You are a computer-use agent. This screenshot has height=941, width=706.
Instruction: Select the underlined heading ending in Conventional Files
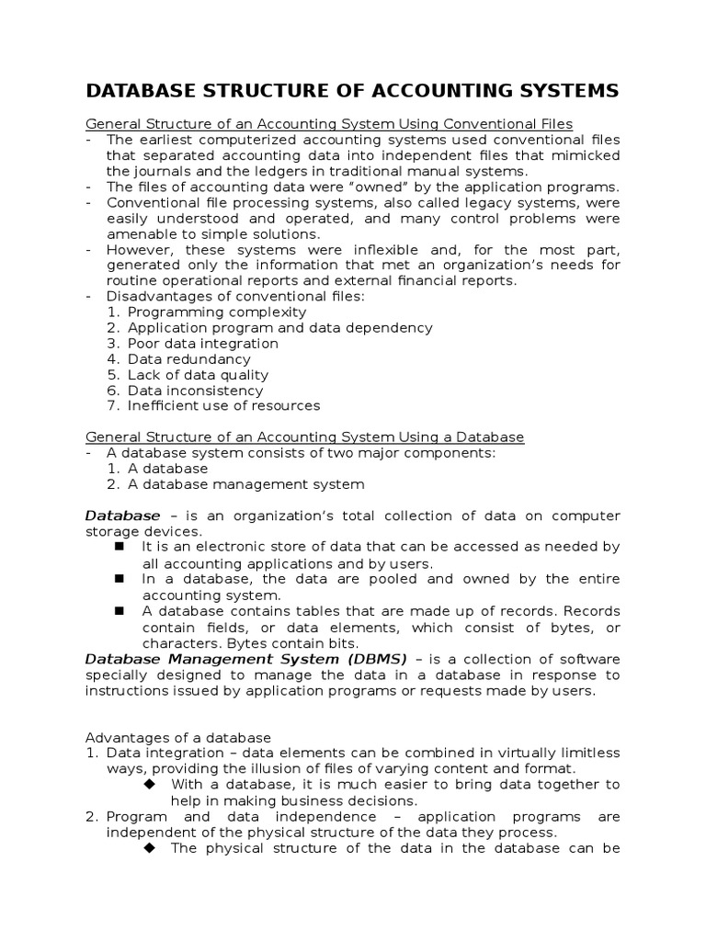[x=329, y=123]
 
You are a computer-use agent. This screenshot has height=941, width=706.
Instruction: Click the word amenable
[x=138, y=234]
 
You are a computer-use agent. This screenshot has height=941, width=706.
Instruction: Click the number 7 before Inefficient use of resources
[x=112, y=405]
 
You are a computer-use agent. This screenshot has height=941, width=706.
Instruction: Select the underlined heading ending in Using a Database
[x=304, y=436]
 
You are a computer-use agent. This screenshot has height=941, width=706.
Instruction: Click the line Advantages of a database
[x=178, y=737]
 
